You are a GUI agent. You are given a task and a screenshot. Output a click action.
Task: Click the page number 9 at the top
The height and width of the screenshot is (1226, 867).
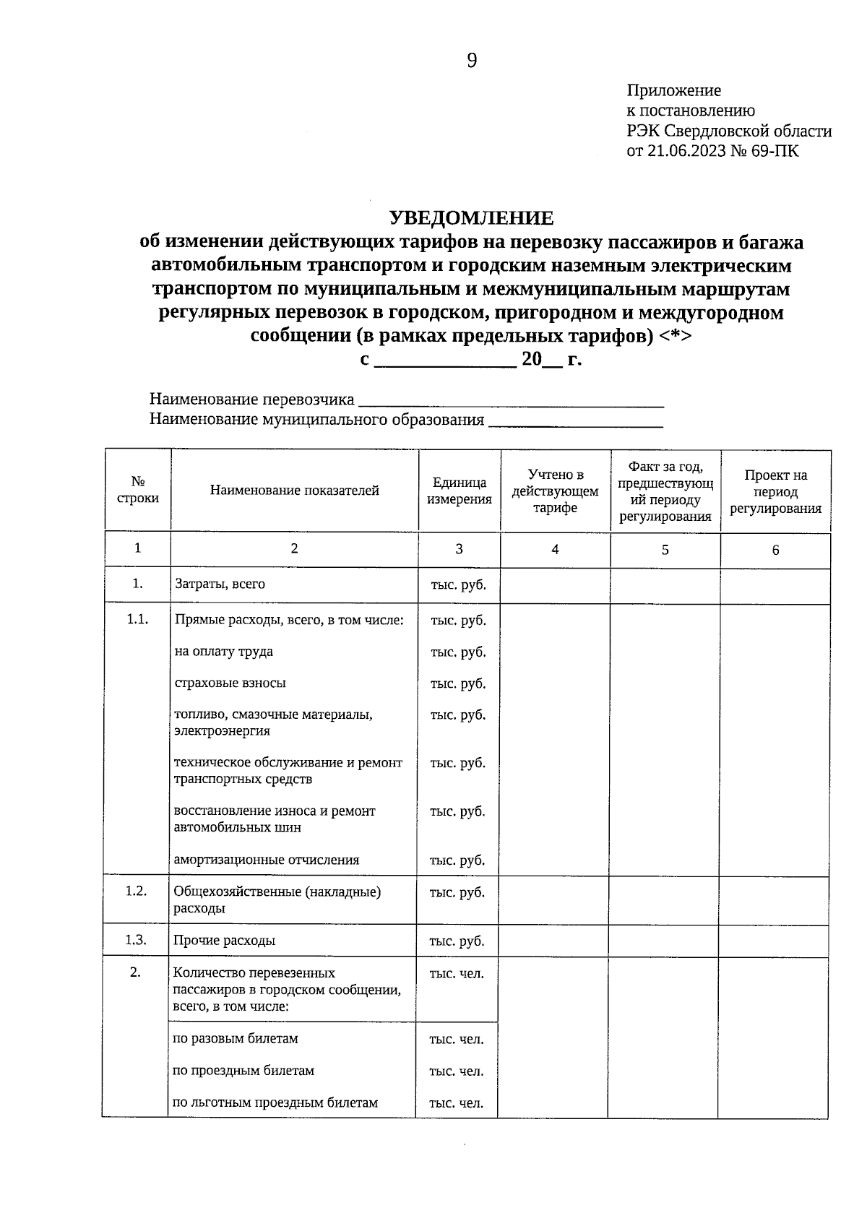pyautogui.click(x=472, y=61)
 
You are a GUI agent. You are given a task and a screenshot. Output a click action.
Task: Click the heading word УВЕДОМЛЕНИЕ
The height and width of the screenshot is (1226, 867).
pyautogui.click(x=471, y=217)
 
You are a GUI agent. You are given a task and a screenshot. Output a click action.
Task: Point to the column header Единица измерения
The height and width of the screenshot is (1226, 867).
pyautogui.click(x=459, y=491)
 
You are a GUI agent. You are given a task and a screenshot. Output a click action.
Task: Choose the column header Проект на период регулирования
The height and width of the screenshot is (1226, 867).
pyautogui.click(x=775, y=491)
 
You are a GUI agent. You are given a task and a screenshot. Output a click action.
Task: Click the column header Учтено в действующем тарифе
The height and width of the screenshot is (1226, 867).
pyautogui.click(x=555, y=491)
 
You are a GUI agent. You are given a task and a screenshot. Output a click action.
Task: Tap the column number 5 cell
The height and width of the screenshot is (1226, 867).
pyautogui.click(x=665, y=550)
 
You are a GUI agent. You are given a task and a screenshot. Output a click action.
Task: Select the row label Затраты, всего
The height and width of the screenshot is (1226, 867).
pyautogui.click(x=220, y=584)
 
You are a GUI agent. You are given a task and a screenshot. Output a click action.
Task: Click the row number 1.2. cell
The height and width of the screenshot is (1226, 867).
pyautogui.click(x=136, y=891)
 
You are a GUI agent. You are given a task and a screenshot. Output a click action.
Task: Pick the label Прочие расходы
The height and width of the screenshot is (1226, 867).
pyautogui.click(x=224, y=941)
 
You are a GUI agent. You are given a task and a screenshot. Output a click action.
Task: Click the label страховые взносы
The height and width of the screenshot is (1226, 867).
pyautogui.click(x=230, y=683)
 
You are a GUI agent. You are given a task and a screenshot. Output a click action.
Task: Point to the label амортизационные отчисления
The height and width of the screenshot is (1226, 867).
pyautogui.click(x=266, y=860)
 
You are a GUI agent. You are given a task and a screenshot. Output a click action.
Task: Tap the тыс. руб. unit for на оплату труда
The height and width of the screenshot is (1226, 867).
pyautogui.click(x=458, y=652)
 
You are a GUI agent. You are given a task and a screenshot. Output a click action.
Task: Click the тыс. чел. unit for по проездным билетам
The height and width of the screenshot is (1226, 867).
pyautogui.click(x=456, y=1071)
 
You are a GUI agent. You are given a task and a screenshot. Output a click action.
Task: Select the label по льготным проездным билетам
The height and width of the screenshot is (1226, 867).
pyautogui.click(x=275, y=1102)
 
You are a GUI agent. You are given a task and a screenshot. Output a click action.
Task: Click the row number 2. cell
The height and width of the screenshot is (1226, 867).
pyautogui.click(x=135, y=972)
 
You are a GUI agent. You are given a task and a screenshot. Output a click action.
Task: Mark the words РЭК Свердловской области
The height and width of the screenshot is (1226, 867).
pyautogui.click(x=729, y=131)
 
